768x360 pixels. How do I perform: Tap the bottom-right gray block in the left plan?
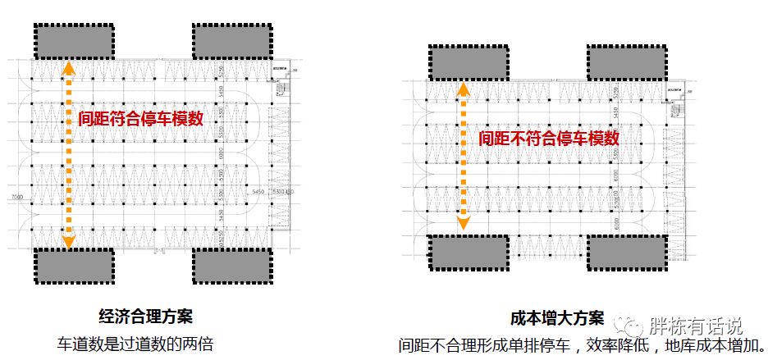(x=232, y=265)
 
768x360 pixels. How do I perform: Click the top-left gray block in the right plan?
(x=469, y=64)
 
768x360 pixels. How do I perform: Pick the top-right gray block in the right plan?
(x=627, y=64)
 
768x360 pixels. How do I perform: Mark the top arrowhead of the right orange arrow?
(x=464, y=89)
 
